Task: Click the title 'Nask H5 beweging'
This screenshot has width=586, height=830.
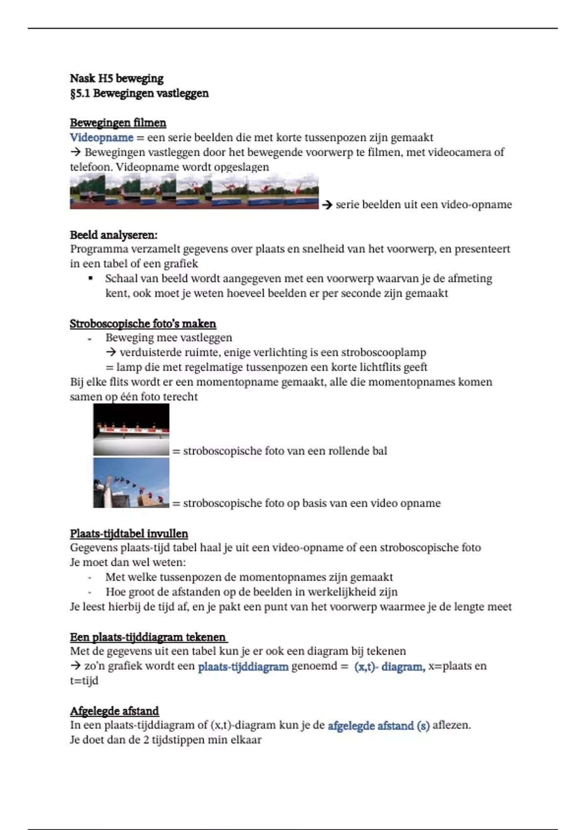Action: point(117,79)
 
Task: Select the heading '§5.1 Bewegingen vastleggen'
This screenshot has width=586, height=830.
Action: point(139,93)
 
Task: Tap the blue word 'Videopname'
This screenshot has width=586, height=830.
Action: point(102,138)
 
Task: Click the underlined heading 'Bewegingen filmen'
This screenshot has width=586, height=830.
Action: point(118,123)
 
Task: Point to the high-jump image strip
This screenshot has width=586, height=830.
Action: point(194,192)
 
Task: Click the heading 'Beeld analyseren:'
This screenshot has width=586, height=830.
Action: point(113,235)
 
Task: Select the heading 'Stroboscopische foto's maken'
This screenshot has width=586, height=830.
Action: point(143,324)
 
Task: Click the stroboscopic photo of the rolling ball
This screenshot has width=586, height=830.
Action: point(131,430)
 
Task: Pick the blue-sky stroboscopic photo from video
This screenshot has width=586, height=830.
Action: point(131,483)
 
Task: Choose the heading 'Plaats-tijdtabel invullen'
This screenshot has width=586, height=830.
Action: point(128,534)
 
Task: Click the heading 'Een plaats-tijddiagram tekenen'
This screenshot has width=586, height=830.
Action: point(147,637)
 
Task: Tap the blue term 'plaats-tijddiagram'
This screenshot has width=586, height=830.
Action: point(243,666)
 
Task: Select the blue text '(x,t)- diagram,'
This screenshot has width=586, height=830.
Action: point(389,666)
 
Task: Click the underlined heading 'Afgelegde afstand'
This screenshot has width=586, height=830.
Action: point(114,711)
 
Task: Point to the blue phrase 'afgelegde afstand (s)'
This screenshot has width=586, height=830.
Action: point(378,726)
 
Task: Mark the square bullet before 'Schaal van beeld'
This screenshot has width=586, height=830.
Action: point(90,278)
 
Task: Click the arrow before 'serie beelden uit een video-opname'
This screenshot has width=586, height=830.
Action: point(327,205)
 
